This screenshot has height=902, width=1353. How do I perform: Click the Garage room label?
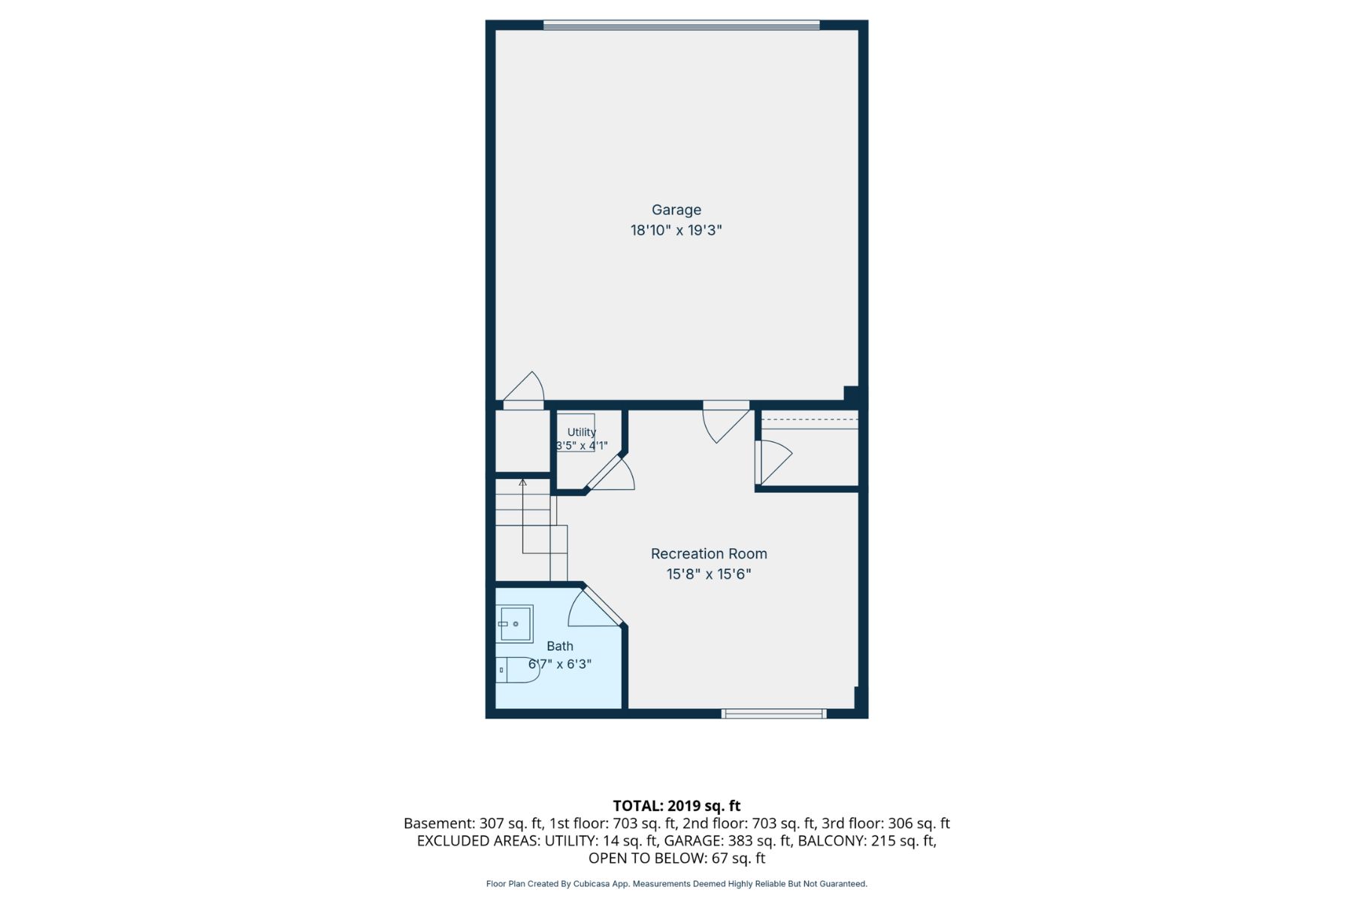pyautogui.click(x=676, y=210)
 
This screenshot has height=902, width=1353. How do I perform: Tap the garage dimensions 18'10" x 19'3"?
pyautogui.click(x=676, y=230)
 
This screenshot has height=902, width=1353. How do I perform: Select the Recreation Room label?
pyautogui.click(x=709, y=554)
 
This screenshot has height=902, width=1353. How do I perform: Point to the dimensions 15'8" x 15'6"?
pyautogui.click(x=709, y=574)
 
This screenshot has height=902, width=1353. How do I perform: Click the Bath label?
pyautogui.click(x=560, y=646)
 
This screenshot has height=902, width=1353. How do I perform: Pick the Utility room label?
pyautogui.click(x=582, y=432)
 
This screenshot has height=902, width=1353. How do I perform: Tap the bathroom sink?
pyautogui.click(x=515, y=624)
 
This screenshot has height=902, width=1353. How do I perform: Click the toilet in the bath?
pyautogui.click(x=518, y=670)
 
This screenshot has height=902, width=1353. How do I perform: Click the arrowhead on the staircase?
pyautogui.click(x=522, y=482)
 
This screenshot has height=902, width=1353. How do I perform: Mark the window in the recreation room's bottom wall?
pyautogui.click(x=774, y=713)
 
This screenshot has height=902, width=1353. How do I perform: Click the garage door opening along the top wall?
pyautogui.click(x=681, y=25)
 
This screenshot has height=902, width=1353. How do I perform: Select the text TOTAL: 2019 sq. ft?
pyautogui.click(x=676, y=806)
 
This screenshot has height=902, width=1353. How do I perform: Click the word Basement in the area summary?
pyautogui.click(x=439, y=823)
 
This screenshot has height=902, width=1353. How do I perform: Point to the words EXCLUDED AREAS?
pyautogui.click(x=477, y=840)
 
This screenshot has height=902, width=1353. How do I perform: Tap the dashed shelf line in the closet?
pyautogui.click(x=810, y=419)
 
